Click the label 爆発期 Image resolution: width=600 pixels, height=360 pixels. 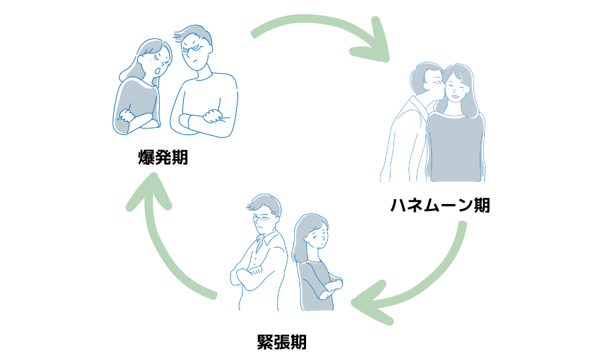[x=163, y=158]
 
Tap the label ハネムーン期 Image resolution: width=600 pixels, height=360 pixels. [x=440, y=205]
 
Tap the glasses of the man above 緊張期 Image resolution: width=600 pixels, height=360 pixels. [x=263, y=220]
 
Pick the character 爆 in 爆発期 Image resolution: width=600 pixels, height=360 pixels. [x=146, y=158]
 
